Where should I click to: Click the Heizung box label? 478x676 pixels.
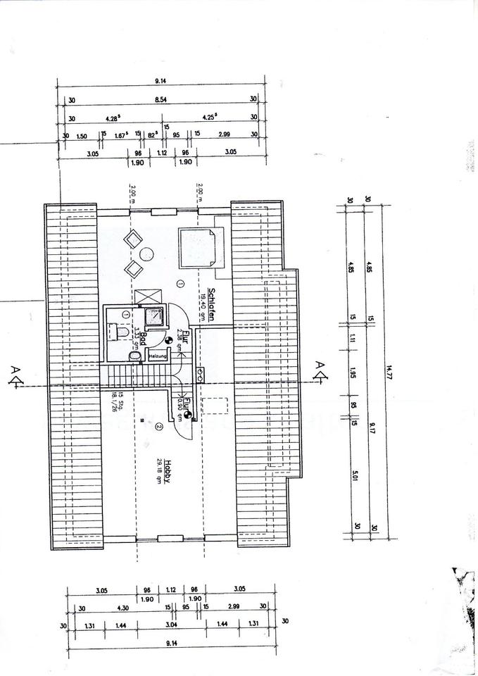point(157,357)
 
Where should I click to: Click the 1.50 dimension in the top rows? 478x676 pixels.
point(82,134)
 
